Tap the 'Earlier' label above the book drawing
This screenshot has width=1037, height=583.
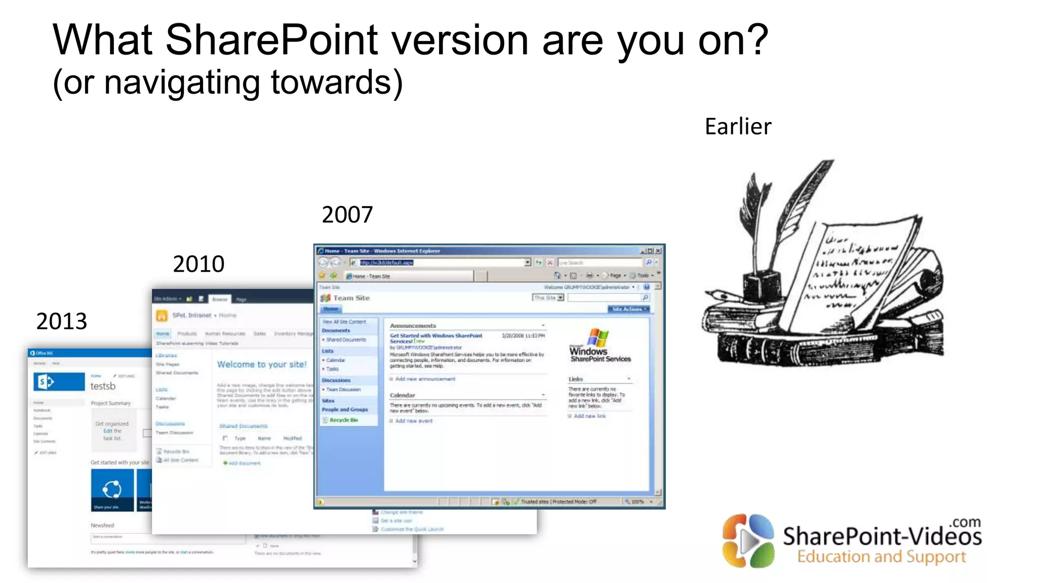738,127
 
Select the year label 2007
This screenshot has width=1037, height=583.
347,215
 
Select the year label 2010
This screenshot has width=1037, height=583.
198,264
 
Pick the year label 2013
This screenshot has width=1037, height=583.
62,321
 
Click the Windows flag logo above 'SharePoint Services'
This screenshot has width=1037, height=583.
598,337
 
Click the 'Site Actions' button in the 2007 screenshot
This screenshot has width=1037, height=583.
628,309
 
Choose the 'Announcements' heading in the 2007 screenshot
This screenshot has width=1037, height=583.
413,326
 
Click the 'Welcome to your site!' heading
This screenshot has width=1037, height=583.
262,364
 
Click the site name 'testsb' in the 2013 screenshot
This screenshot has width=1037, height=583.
103,386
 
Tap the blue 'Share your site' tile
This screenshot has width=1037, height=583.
112,490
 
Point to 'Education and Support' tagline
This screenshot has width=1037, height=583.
881,557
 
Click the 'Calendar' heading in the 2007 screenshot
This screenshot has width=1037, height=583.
402,395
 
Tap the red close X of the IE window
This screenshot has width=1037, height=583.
658,251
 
